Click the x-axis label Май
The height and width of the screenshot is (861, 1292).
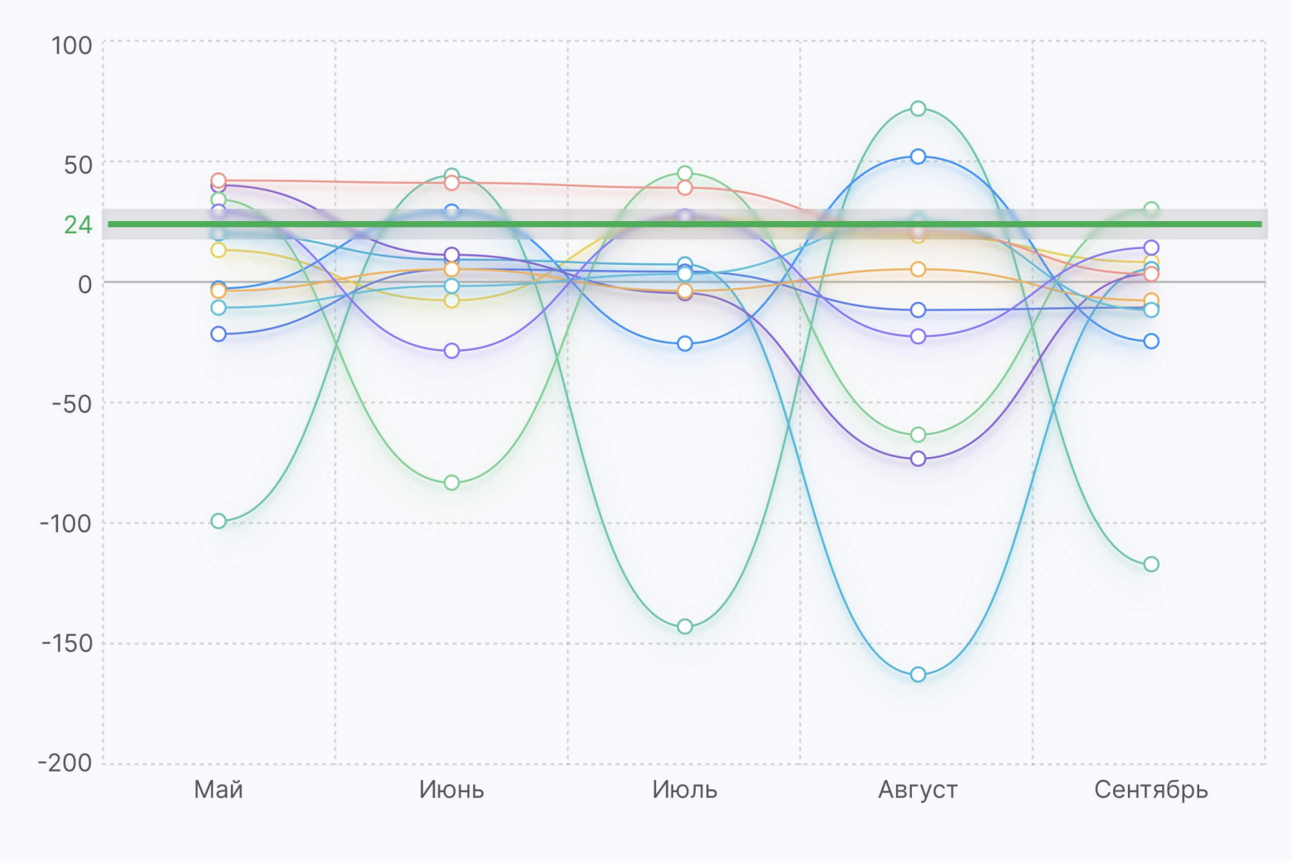[219, 790]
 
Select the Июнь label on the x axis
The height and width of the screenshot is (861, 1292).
[451, 790]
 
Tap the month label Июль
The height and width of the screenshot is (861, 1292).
[684, 790]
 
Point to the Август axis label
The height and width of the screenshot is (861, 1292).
[918, 790]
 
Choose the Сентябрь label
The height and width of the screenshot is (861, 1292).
[1150, 790]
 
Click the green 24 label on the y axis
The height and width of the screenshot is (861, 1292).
[78, 224]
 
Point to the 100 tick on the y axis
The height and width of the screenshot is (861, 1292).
[72, 46]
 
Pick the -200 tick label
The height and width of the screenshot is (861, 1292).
[65, 762]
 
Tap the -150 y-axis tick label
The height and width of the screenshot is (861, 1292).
[67, 643]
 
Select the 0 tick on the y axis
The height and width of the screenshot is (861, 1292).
[84, 284]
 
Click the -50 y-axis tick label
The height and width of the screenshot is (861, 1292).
[72, 404]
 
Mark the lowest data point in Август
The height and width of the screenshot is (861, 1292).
[918, 675]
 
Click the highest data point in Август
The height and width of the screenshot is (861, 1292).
[918, 108]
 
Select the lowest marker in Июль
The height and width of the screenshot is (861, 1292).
[685, 627]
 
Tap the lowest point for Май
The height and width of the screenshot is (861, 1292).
[219, 521]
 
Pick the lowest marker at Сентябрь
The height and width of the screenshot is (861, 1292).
[1151, 565]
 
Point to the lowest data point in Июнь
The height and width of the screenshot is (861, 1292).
[451, 483]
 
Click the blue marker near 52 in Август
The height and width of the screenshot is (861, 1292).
[918, 156]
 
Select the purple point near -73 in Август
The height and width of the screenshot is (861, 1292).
[918, 459]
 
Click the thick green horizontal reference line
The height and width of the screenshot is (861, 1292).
[580, 224]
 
